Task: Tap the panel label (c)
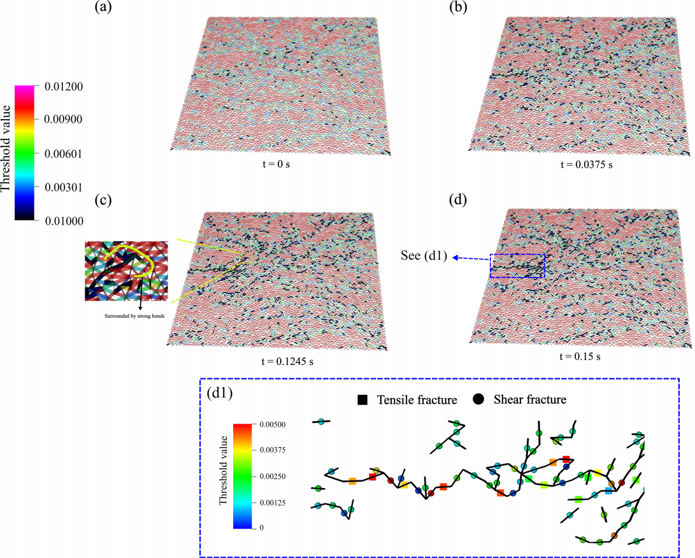pos(103,199)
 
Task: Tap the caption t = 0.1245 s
pos(281,361)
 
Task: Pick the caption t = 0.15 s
pos(578,356)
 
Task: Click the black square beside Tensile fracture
pos(362,400)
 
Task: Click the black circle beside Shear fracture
pos(478,400)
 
